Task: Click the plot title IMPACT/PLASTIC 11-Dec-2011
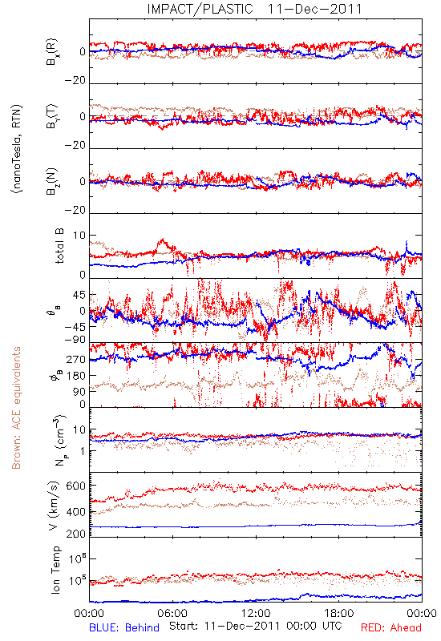pyautogui.click(x=254, y=9)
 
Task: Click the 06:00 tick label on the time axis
pyautogui.click(x=172, y=613)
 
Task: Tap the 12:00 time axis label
pyautogui.click(x=256, y=613)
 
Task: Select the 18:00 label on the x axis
pyautogui.click(x=339, y=613)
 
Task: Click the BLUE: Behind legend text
pyautogui.click(x=124, y=628)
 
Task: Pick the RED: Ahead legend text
pyautogui.click(x=391, y=628)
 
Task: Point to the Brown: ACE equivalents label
pyautogui.click(x=16, y=408)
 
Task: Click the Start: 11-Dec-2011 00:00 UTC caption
pyautogui.click(x=256, y=627)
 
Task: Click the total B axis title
pyautogui.click(x=59, y=246)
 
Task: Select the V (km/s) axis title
pyautogui.click(x=55, y=506)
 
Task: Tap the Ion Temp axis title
pyautogui.click(x=55, y=570)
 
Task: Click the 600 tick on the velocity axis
pyautogui.click(x=75, y=486)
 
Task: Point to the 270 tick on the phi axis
pyautogui.click(x=76, y=360)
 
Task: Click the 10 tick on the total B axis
pyautogui.click(x=79, y=236)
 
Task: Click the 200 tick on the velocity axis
pyautogui.click(x=75, y=534)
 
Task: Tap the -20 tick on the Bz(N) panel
pyautogui.click(x=75, y=210)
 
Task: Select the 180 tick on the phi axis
pyautogui.click(x=76, y=376)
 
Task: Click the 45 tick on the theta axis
pyautogui.click(x=79, y=295)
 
